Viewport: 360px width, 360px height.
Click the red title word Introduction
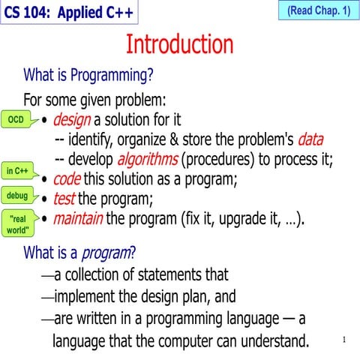click(179, 45)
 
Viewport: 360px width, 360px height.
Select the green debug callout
click(17, 196)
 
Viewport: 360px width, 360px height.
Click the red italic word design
click(72, 120)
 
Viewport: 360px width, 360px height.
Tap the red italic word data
click(310, 139)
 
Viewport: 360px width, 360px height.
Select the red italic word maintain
click(78, 220)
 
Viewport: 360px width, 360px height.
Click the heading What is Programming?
click(88, 75)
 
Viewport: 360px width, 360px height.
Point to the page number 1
click(343, 340)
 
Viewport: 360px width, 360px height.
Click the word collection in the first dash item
click(95, 274)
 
